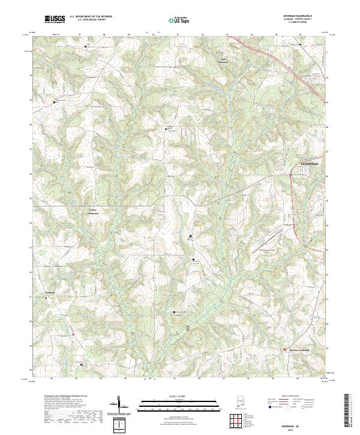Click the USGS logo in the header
(x=55, y=19)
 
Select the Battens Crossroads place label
(x=302, y=350)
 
